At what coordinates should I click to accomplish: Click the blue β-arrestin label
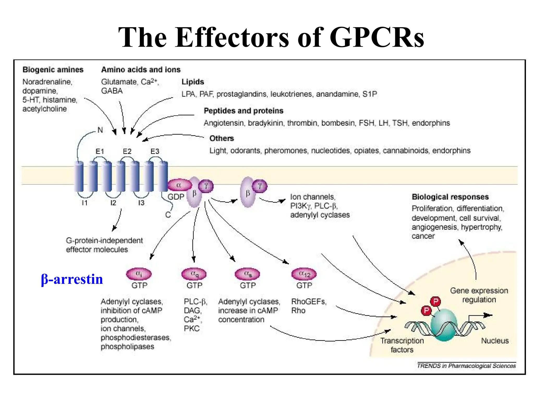[x=72, y=279]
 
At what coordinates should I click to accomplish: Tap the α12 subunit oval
[x=304, y=274]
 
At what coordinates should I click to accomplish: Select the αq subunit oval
[x=194, y=274]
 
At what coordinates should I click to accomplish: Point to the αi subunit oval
[x=139, y=274]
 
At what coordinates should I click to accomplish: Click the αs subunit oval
[x=247, y=274]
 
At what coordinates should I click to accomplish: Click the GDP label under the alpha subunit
[x=176, y=197]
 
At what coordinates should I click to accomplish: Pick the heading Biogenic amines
[x=53, y=70]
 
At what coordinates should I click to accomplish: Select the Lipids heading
[x=193, y=82]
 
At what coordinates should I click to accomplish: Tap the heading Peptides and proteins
[x=244, y=111]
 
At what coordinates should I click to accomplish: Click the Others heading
[x=222, y=138]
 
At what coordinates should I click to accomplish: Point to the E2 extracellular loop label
[x=127, y=152]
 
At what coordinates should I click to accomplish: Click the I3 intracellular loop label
[x=141, y=203]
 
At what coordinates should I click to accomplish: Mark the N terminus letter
[x=100, y=130]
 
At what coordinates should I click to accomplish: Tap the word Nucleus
[x=495, y=341]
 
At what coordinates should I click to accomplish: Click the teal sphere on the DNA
[x=444, y=325]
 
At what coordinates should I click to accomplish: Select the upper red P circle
[x=435, y=302]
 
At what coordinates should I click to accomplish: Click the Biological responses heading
[x=450, y=197]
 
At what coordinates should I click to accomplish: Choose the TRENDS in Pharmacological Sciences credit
[x=466, y=366]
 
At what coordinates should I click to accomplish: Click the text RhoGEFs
[x=309, y=302]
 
